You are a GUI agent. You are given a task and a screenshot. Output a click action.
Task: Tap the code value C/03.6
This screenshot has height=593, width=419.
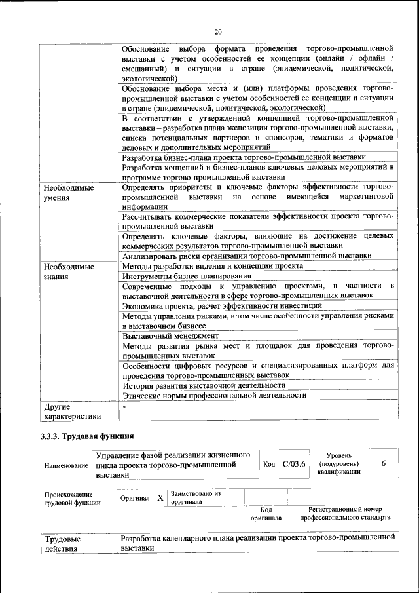click(x=294, y=464)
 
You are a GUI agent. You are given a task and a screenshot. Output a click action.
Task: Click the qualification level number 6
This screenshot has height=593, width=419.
click(x=384, y=463)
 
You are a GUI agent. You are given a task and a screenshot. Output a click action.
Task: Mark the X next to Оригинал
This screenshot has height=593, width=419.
click(x=160, y=498)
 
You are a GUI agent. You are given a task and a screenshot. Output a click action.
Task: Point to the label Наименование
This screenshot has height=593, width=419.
click(x=66, y=465)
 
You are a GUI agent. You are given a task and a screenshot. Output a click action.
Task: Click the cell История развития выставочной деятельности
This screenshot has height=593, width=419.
click(x=204, y=385)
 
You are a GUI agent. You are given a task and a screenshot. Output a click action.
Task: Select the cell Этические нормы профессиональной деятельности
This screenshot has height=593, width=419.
click(x=214, y=395)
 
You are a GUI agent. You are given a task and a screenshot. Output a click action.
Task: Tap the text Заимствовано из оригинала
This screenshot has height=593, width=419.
click(x=196, y=498)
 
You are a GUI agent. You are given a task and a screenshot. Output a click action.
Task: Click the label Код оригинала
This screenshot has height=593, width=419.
click(x=266, y=513)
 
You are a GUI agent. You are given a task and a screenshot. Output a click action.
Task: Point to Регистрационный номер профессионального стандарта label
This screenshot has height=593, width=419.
click(x=345, y=513)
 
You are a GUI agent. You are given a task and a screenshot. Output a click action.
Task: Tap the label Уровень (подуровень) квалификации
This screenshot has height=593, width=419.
click(x=338, y=463)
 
